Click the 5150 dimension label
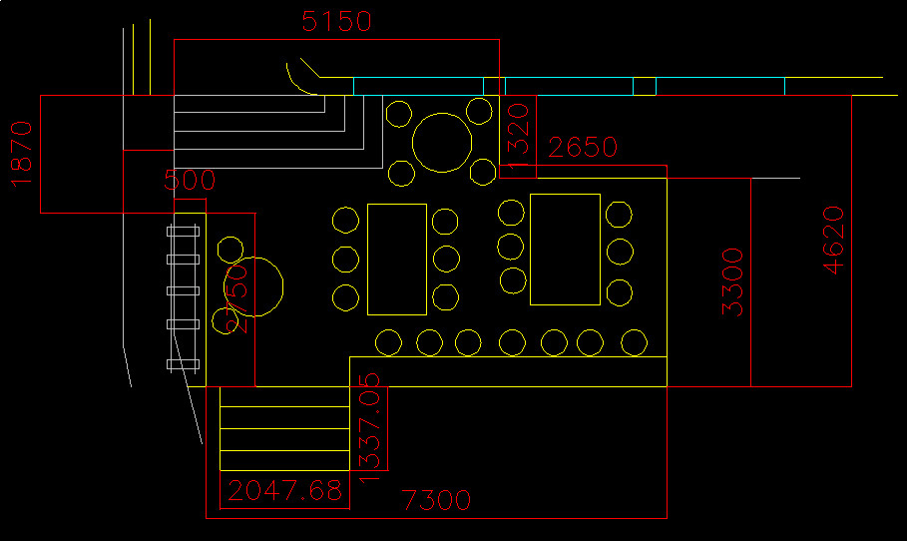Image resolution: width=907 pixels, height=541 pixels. tap(336, 21)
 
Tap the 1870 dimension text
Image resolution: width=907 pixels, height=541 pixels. tap(21, 153)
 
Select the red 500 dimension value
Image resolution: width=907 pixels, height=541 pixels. tap(190, 181)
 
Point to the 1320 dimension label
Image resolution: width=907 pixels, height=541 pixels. tap(518, 131)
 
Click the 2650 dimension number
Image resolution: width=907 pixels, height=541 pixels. tap(584, 148)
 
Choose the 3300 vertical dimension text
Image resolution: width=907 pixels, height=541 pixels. tap(732, 282)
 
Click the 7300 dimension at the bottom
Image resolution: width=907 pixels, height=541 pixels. tap(435, 500)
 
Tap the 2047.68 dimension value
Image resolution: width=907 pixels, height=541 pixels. tap(284, 490)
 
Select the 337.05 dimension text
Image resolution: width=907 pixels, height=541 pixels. tap(369, 420)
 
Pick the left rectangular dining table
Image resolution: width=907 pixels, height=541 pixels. tap(397, 260)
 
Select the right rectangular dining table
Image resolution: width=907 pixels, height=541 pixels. tap(565, 249)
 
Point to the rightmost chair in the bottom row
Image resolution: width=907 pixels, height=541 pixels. tap(633, 342)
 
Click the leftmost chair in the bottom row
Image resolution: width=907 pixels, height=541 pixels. tap(388, 342)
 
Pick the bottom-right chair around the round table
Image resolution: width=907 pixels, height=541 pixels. tap(483, 172)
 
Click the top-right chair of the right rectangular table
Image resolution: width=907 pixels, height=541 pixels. tap(619, 214)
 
